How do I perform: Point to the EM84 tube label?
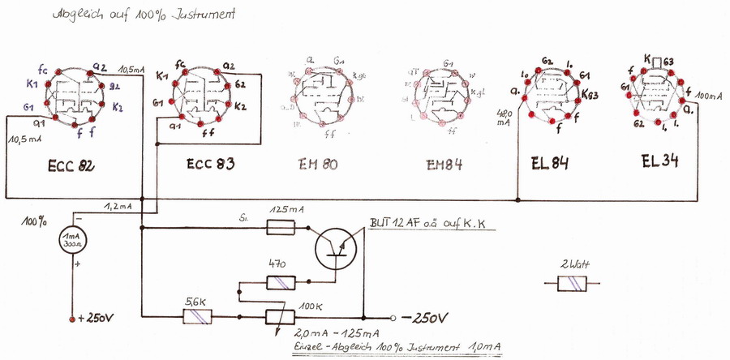tap(443, 165)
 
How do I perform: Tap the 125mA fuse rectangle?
tap(286, 230)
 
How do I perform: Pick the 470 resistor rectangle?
tap(285, 282)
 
